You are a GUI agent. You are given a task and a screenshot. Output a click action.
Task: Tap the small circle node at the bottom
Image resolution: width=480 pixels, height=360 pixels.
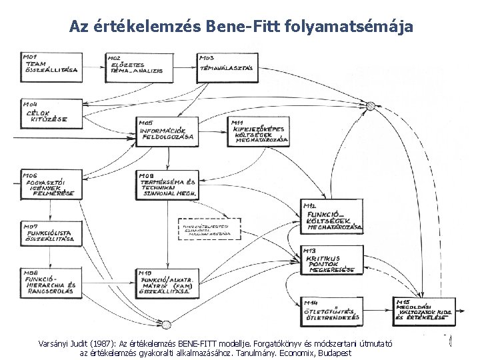coord(167,325)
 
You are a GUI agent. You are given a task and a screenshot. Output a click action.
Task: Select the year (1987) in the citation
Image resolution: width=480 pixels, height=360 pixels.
coord(103,343)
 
